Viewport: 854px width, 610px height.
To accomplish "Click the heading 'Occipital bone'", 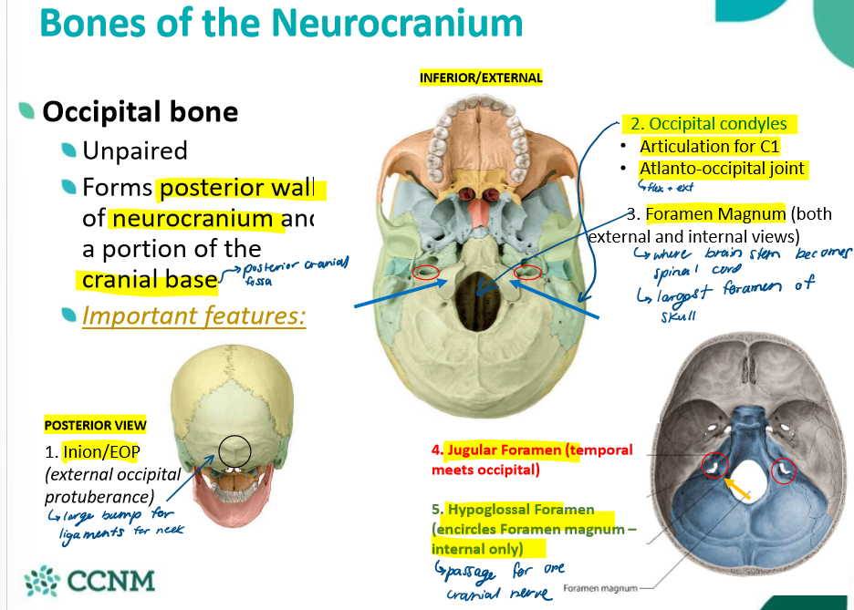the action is pos(140,112).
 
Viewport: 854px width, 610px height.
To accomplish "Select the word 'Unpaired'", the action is pos(134,150).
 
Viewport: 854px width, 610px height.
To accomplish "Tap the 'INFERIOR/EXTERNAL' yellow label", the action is pos(481,78).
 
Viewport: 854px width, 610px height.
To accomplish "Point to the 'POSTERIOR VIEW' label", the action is pos(95,425).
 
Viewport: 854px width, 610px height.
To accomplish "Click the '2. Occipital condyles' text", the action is pos(708,123).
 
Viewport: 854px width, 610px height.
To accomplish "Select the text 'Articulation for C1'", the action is pos(710,146).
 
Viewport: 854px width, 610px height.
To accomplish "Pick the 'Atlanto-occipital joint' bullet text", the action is pos(722,169).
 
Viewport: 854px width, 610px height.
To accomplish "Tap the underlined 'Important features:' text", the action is pos(193,315).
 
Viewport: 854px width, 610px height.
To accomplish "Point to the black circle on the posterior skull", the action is pos(234,450).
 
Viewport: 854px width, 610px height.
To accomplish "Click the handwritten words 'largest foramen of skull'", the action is pos(730,296).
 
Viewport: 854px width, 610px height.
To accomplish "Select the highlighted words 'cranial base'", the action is pos(150,280).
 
